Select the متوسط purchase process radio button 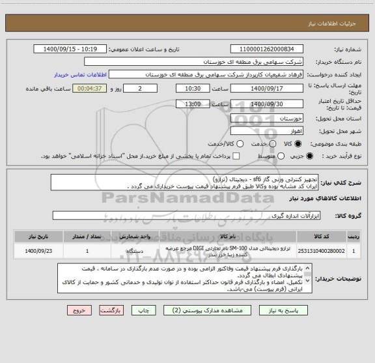[x=271, y=156]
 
